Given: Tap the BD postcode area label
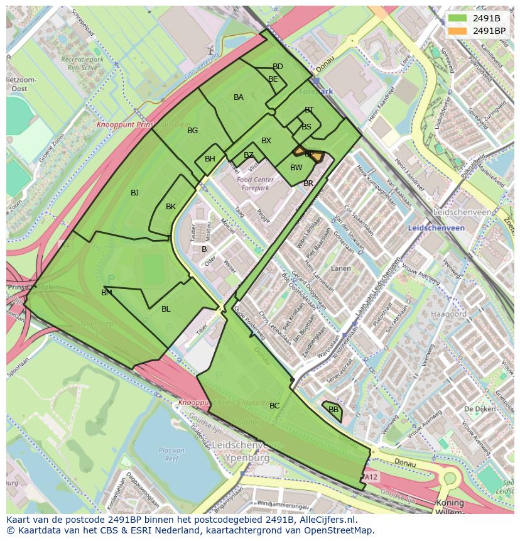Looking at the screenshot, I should tap(278, 67).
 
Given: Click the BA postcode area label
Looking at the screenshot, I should tap(239, 97).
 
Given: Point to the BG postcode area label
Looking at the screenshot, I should tap(193, 131).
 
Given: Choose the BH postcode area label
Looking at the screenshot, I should tap(210, 159).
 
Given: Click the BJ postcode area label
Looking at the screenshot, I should tap(134, 193).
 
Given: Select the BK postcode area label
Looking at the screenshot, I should tap(171, 207).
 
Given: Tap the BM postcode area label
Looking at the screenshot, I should tap(107, 293).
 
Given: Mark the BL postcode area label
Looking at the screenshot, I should tap(166, 309).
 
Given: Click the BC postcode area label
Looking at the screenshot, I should tap(274, 406).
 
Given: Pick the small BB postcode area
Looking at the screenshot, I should tap(333, 410).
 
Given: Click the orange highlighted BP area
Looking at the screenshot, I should tap(310, 154).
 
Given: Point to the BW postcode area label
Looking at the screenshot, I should tap(296, 168).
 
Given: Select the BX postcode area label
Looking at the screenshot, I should tap(266, 141).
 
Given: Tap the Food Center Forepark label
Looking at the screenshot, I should tap(252, 183).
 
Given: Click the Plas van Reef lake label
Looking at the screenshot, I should tap(171, 454).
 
